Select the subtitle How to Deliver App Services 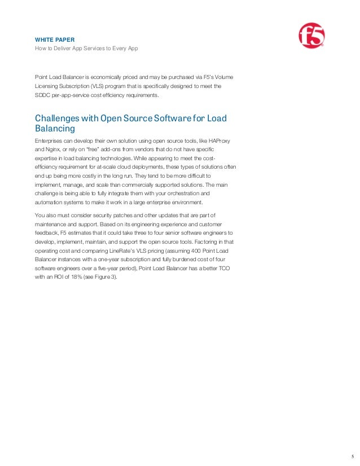click(x=86, y=49)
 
